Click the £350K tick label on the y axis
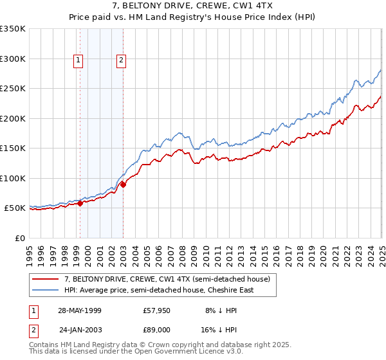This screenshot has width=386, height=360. coord(13,29)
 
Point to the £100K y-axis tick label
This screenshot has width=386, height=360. coord(13,179)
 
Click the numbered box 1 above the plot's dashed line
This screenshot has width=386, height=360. coord(78,61)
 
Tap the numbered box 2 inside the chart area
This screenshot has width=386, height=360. coord(121,61)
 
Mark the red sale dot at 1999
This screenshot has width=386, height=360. coord(80,203)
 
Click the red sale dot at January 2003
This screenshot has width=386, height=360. coord(124,185)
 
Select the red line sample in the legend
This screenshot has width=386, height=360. coord(46,279)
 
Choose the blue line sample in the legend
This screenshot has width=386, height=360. coord(46,290)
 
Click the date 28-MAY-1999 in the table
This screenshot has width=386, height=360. coord(80,310)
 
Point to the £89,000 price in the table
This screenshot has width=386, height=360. coord(157,329)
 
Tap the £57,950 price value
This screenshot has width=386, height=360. coord(157,310)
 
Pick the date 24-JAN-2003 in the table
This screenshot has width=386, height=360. coord(80,329)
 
